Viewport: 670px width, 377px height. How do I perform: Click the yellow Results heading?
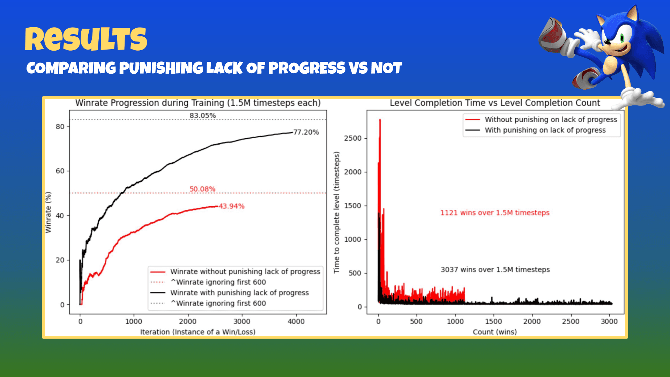tap(86, 39)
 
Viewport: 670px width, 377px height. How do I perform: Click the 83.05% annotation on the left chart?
tap(202, 116)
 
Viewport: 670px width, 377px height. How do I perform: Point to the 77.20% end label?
tap(306, 132)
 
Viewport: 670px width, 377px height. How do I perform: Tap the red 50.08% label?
tap(202, 189)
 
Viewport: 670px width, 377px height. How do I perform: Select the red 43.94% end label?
tap(232, 206)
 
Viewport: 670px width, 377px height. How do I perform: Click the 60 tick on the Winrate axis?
tap(60, 171)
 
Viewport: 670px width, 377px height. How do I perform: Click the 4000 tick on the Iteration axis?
tap(296, 321)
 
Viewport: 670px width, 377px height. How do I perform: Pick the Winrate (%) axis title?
tap(48, 212)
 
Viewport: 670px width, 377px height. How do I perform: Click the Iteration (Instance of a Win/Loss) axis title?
tap(198, 332)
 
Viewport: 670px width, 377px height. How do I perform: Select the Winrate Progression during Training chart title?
tap(198, 103)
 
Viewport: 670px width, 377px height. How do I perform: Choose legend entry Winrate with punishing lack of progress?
tap(239, 293)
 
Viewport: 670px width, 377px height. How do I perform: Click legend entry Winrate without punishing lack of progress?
tap(245, 272)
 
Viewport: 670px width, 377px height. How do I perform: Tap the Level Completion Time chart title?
tap(495, 103)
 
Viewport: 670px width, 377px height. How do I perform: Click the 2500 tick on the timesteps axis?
tap(353, 138)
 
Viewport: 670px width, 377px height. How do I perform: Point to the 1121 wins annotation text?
tap(495, 213)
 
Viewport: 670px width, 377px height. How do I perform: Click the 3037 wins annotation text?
tap(495, 269)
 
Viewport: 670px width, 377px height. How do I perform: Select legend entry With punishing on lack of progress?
tap(545, 130)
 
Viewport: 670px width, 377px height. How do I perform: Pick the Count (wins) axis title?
tap(495, 332)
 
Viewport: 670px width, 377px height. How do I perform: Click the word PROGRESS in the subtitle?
tap(306, 68)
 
